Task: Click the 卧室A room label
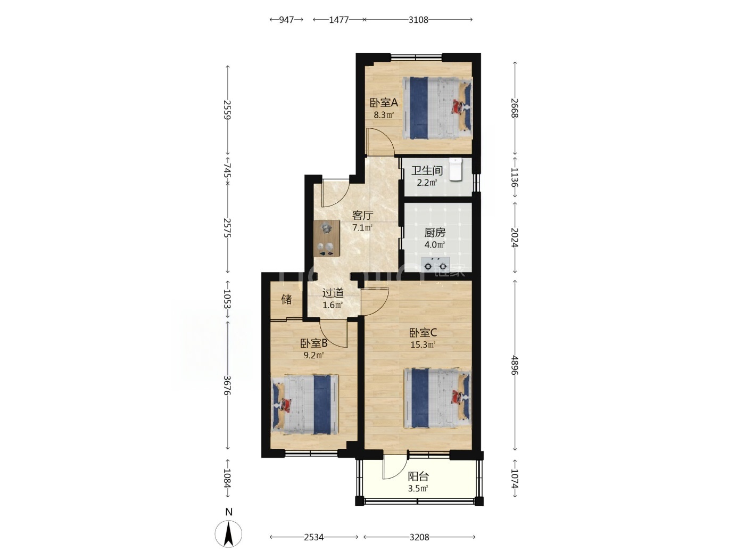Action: click(384, 102)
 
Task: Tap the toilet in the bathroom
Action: click(456, 169)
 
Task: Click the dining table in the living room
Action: click(89, 239)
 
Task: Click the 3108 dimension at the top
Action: click(418, 20)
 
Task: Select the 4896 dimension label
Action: click(515, 365)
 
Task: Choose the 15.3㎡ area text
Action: click(423, 345)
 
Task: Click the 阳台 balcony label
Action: click(418, 477)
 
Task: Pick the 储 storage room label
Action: click(286, 299)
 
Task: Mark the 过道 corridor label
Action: click(333, 293)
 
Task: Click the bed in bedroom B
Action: click(305, 405)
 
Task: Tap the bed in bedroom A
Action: click(437, 108)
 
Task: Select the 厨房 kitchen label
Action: click(435, 233)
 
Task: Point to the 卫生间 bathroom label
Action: click(427, 170)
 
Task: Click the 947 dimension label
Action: click(286, 20)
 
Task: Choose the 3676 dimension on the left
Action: click(227, 385)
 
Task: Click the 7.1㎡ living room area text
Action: click(362, 228)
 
